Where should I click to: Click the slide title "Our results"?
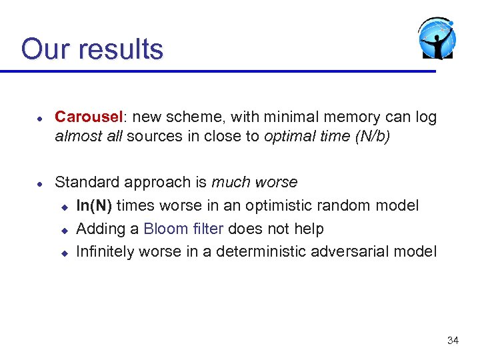[92, 49]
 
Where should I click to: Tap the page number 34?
[453, 341]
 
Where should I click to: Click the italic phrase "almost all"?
[89, 137]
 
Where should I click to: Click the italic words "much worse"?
[255, 182]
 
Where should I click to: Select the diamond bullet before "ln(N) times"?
[65, 207]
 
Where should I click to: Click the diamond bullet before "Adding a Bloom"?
[65, 230]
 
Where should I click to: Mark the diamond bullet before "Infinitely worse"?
[65, 253]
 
